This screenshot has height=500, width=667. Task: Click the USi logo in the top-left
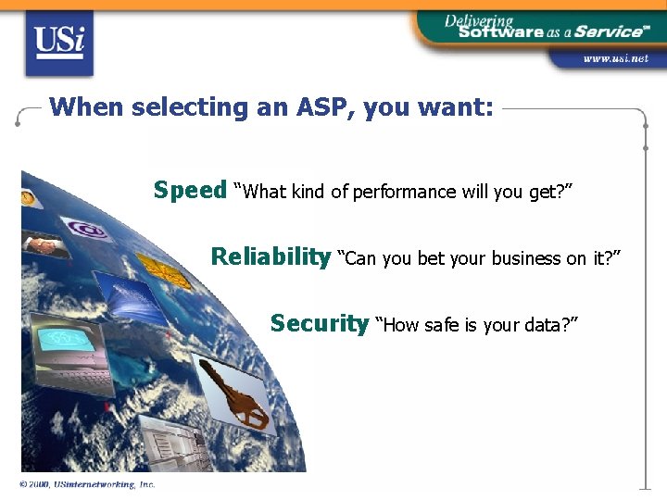point(59,43)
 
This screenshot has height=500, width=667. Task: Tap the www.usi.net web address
point(614,59)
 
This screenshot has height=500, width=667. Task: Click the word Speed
point(190,191)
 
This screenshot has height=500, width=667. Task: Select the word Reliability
point(271,256)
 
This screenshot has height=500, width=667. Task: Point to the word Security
point(320,323)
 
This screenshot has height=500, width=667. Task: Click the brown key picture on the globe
point(231,394)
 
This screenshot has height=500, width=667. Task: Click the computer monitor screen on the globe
point(65,339)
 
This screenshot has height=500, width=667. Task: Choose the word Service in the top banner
point(607,31)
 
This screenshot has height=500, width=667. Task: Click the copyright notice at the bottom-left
point(87,484)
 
